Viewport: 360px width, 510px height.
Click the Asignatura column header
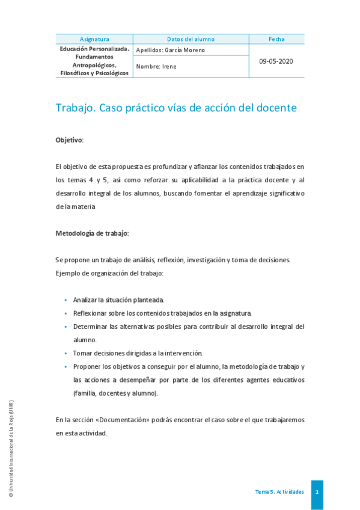[94, 39]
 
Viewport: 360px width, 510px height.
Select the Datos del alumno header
[191, 39]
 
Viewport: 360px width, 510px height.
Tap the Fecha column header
[276, 39]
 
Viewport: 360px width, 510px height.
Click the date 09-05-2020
[276, 61]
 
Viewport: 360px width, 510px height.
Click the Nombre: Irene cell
[157, 67]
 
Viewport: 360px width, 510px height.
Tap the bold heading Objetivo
[69, 140]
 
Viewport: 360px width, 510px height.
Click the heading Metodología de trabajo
[92, 233]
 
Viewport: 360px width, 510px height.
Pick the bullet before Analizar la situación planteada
[65, 300]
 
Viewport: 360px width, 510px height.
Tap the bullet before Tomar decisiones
[65, 353]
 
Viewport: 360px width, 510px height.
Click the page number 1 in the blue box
[317, 492]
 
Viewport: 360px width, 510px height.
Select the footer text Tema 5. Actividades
[279, 492]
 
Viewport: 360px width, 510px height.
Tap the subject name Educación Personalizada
[94, 49]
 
